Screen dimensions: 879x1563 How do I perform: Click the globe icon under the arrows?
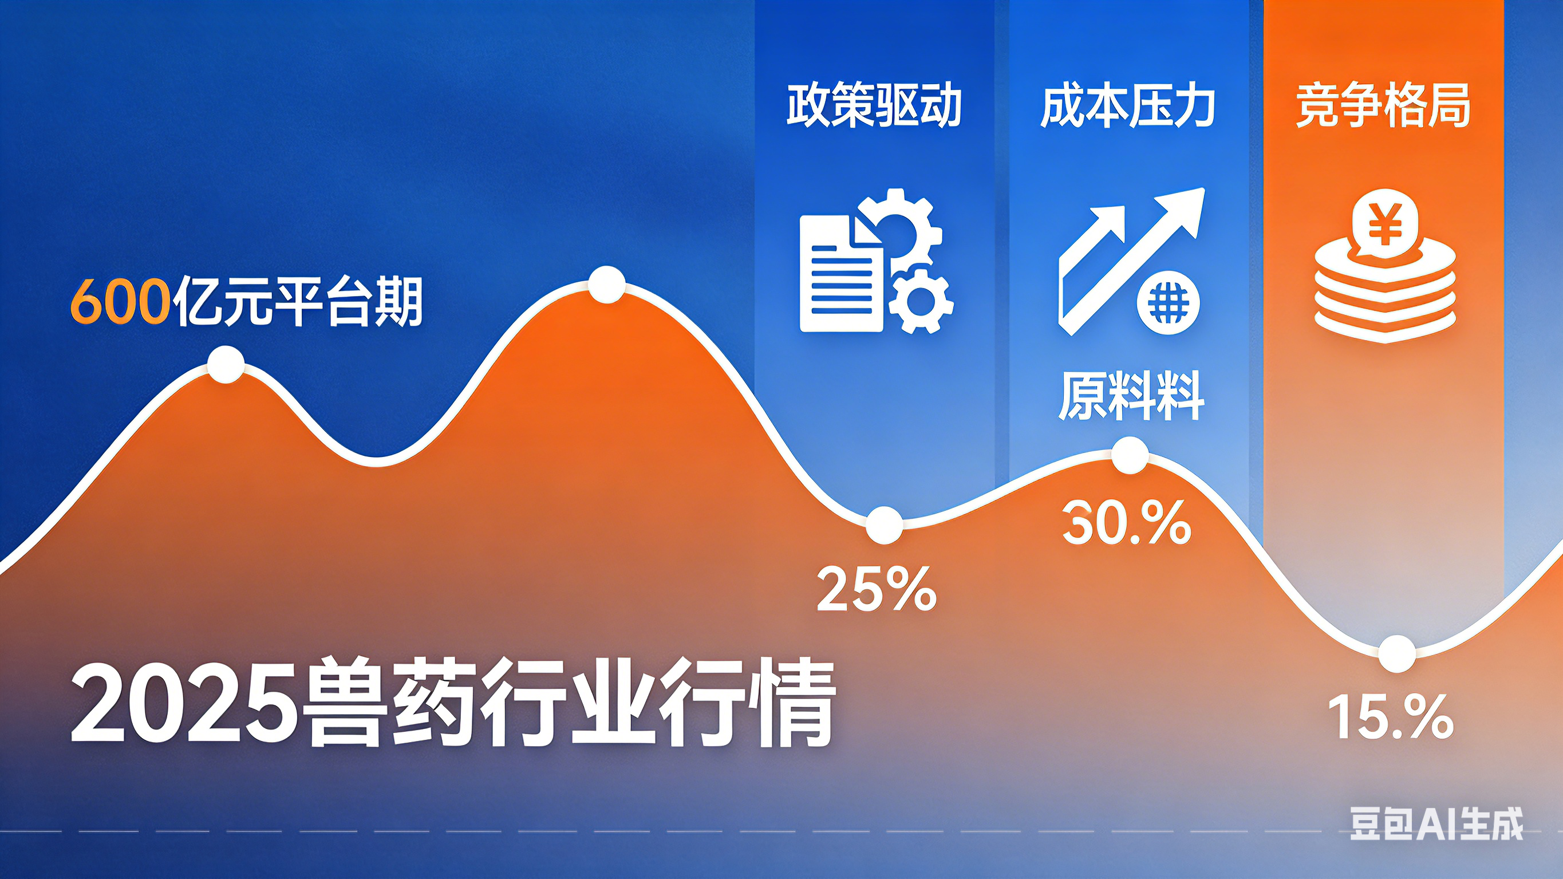(1168, 304)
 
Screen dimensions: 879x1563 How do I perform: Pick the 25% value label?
(877, 588)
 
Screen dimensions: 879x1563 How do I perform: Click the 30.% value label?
(1127, 523)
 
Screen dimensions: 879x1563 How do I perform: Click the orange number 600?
(120, 302)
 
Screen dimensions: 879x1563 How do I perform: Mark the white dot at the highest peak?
(607, 283)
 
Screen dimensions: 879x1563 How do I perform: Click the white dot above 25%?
(884, 525)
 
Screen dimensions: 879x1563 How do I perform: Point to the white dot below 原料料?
(1130, 455)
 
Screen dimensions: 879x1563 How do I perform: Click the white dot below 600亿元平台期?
(226, 364)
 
